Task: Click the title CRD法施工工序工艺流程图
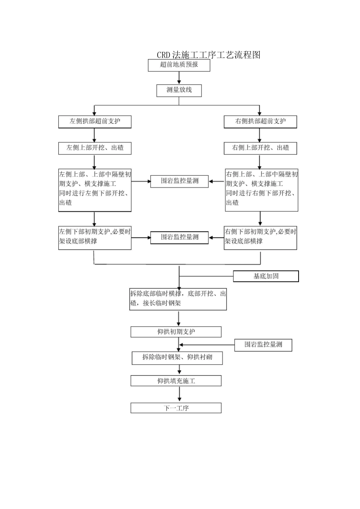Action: coord(208,55)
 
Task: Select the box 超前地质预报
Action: coord(179,65)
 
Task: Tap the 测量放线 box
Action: coord(179,90)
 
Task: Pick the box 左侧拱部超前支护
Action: coord(95,122)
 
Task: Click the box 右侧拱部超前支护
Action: coord(260,122)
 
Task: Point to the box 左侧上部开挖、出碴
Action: coord(95,148)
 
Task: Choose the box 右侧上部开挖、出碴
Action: coord(260,148)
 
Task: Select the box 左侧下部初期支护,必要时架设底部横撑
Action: coord(95,237)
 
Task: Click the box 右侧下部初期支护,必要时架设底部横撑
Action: coord(260,237)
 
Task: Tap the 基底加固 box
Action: coord(266,276)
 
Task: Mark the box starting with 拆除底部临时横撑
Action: coord(178,299)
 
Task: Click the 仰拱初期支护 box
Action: coord(176,332)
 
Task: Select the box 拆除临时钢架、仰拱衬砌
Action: coord(177,358)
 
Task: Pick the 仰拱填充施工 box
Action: coord(176,381)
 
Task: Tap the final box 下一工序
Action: coord(176,408)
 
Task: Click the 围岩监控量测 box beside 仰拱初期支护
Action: coord(263,345)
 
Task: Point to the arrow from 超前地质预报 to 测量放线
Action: coord(179,78)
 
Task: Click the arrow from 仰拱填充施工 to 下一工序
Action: coord(179,394)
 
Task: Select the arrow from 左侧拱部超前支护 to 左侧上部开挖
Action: coord(94,135)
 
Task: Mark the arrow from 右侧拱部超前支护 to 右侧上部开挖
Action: coord(260,135)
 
